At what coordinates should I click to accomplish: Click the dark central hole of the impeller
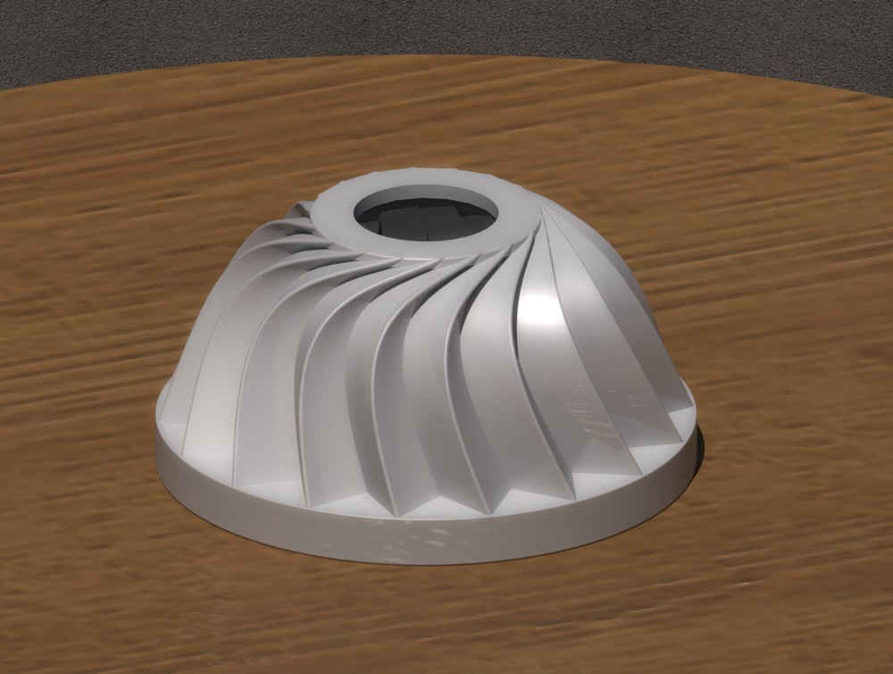pyautogui.click(x=420, y=223)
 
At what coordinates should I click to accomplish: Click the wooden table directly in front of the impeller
pyautogui.click(x=429, y=608)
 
